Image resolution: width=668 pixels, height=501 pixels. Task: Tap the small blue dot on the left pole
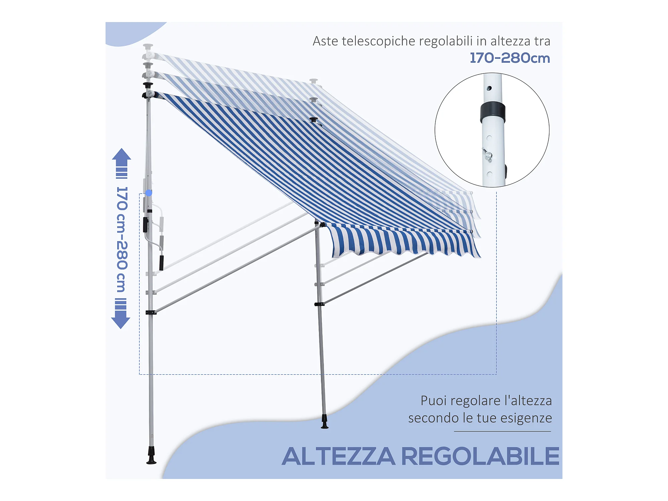[149, 193]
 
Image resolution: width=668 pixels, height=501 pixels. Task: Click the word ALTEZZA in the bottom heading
[338, 456]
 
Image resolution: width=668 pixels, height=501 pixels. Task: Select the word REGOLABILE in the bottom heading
[480, 456]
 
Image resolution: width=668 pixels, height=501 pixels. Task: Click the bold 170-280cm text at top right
[510, 58]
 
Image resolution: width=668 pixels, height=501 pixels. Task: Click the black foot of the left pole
[151, 456]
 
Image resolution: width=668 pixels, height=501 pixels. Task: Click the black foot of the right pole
[324, 422]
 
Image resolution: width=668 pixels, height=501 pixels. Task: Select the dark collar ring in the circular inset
[493, 113]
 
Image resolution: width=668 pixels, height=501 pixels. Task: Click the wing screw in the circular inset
[487, 155]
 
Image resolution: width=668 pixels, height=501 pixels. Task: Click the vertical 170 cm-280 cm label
[122, 239]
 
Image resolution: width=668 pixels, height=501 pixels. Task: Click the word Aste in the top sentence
[325, 41]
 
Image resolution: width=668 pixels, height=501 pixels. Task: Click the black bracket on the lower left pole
[151, 313]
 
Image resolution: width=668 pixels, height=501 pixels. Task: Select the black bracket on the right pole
[319, 304]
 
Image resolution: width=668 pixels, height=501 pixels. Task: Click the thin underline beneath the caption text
[502, 432]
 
